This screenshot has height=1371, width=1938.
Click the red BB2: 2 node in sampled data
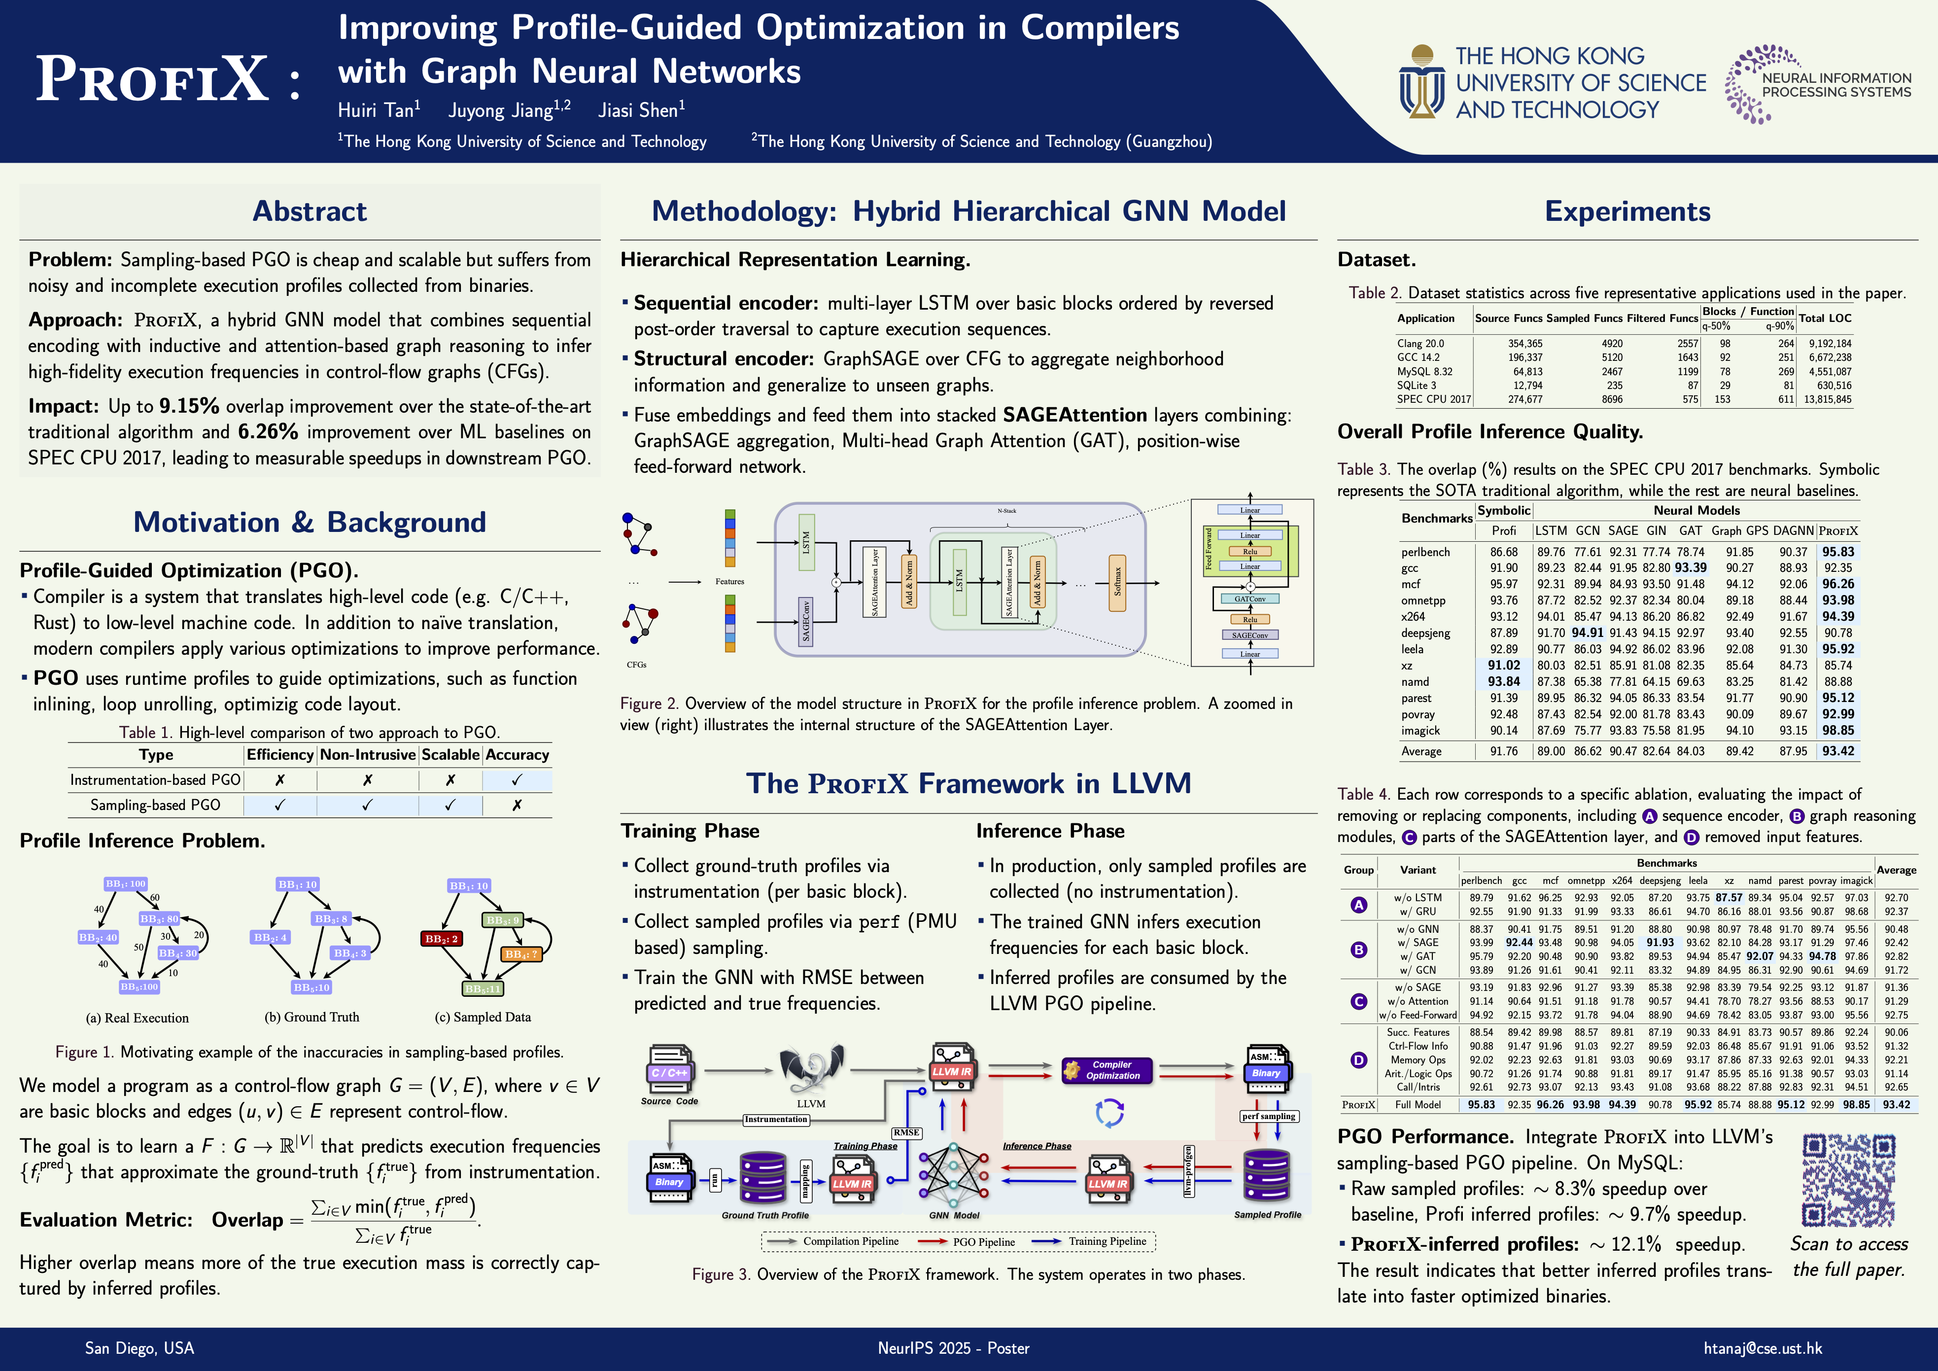click(442, 938)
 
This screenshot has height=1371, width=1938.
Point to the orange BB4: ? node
click(521, 954)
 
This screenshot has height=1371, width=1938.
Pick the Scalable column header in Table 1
click(450, 755)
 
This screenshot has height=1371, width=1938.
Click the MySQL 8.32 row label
click(1425, 371)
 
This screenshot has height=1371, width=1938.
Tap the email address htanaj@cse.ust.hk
click(1763, 1348)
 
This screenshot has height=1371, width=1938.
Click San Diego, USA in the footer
click(139, 1348)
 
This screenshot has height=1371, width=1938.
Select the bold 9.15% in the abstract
click(189, 406)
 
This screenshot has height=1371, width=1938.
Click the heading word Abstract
click(310, 211)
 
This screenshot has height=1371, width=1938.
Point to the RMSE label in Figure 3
click(906, 1132)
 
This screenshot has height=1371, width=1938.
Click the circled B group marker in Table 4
click(1359, 949)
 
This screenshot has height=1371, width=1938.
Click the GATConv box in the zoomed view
click(1249, 598)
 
